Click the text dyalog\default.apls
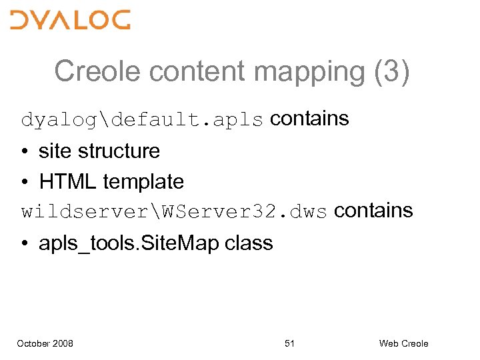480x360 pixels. pos(143,120)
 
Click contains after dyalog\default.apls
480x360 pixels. pos(309,119)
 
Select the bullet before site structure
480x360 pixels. pos(26,151)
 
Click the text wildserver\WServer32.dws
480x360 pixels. pos(174,212)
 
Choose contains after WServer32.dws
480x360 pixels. pos(373,211)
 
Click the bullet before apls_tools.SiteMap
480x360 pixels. pos(26,243)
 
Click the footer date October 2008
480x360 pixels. pos(45,343)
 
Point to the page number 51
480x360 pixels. pos(289,343)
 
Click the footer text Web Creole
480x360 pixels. pos(403,343)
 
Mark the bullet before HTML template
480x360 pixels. pos(26,182)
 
